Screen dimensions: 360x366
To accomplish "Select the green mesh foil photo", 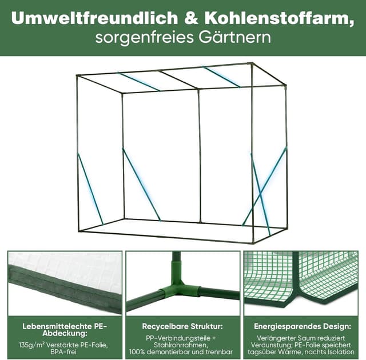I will tap(301, 280).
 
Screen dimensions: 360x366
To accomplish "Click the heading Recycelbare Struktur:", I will tap(183, 327).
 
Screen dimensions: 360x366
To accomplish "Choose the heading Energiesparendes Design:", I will tap(303, 327).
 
